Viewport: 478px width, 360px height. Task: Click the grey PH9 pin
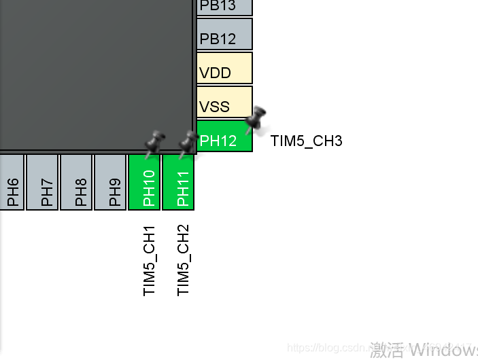[110, 182]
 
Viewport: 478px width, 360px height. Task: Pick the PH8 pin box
[76, 182]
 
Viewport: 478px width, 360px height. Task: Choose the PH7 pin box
[42, 182]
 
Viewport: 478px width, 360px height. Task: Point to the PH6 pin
[12, 182]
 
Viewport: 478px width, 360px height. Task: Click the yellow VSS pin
[224, 102]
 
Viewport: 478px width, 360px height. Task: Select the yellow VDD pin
[224, 68]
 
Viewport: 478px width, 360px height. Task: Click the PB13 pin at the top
[224, 7]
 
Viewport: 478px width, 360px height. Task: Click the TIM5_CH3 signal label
[306, 141]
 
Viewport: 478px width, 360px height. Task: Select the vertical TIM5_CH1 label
[150, 260]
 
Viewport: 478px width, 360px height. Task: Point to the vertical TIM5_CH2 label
[184, 260]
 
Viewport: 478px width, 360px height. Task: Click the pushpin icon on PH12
[256, 119]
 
